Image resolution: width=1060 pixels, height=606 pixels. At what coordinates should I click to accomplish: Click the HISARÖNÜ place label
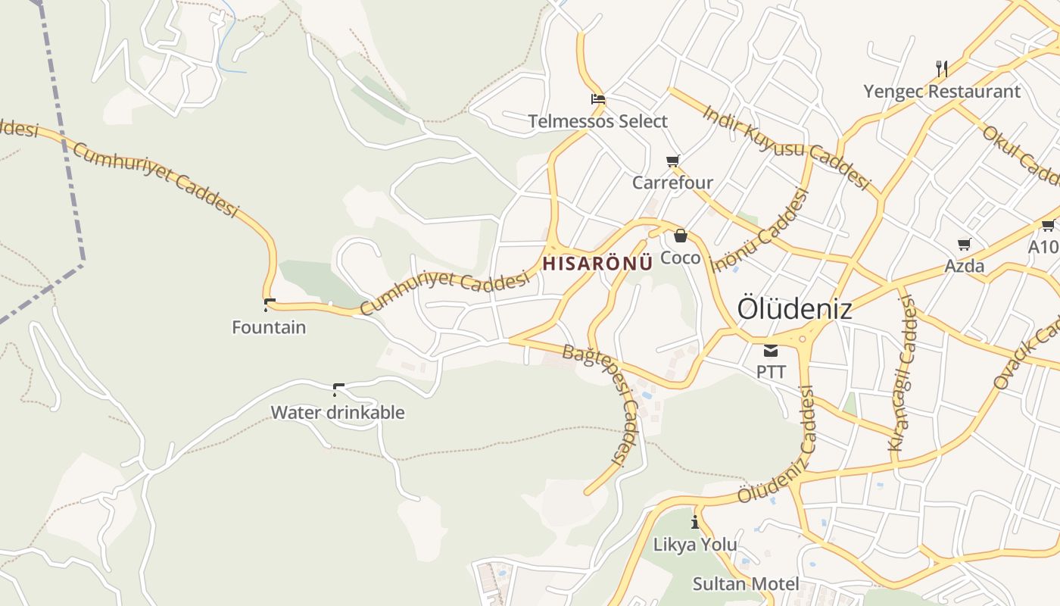[597, 264]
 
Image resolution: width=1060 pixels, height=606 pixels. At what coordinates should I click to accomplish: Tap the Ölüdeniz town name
[794, 309]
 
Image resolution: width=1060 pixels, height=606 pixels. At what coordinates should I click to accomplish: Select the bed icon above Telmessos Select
[597, 99]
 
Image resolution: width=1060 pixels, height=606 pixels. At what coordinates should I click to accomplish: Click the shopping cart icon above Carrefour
[672, 161]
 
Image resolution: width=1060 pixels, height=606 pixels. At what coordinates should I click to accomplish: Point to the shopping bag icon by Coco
[680, 236]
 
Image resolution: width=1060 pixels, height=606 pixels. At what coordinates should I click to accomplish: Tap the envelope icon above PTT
[771, 350]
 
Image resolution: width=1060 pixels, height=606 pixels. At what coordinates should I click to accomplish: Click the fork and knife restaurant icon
[942, 69]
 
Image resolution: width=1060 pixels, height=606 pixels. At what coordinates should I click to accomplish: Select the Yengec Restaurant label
[942, 92]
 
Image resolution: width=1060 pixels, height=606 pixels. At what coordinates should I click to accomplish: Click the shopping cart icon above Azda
[964, 244]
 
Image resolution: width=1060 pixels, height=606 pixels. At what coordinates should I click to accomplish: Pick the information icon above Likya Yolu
[695, 522]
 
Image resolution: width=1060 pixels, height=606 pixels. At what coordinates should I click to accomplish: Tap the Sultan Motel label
[746, 584]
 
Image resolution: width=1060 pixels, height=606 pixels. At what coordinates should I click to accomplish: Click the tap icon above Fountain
[269, 305]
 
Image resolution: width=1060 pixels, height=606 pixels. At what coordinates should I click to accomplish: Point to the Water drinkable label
[338, 413]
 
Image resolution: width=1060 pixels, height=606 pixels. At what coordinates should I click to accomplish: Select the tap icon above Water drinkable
[338, 390]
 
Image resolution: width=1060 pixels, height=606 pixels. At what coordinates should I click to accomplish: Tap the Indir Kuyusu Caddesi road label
[786, 147]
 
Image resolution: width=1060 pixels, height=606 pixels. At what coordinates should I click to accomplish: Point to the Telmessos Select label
[597, 121]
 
